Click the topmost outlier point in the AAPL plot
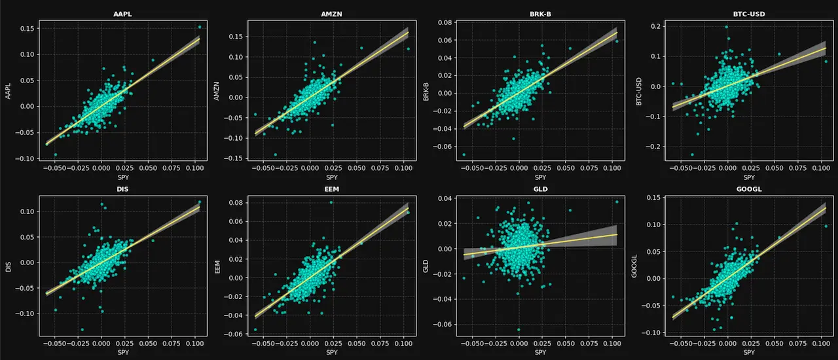coord(200,27)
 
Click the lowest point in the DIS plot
coord(82,329)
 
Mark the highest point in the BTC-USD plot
coord(726,27)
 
